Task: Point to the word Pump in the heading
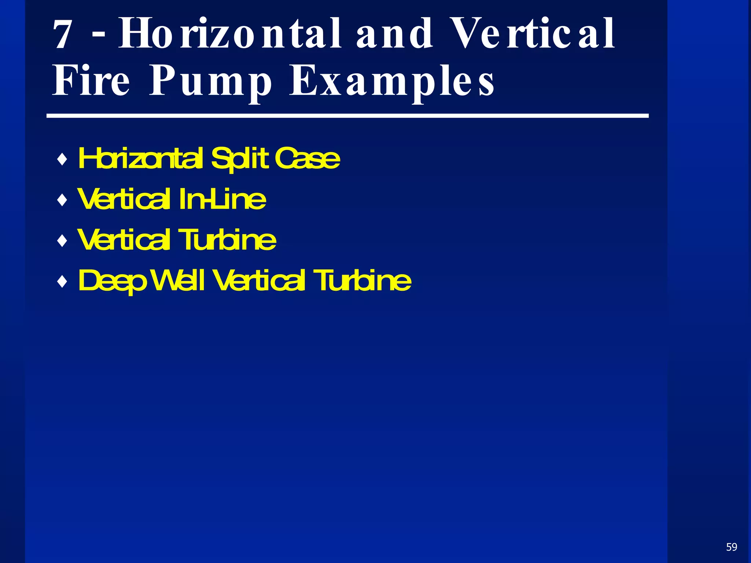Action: point(211,81)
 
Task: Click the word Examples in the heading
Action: point(392,81)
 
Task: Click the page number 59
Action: point(732,547)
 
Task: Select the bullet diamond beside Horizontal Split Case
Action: point(63,160)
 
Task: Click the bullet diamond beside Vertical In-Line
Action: point(63,200)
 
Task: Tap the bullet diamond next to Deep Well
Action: point(63,282)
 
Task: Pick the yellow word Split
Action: point(240,159)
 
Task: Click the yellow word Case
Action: point(307,159)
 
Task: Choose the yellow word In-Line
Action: point(223,200)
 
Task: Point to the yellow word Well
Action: point(178,281)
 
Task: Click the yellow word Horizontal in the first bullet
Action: point(140,159)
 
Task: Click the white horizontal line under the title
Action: point(347,116)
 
